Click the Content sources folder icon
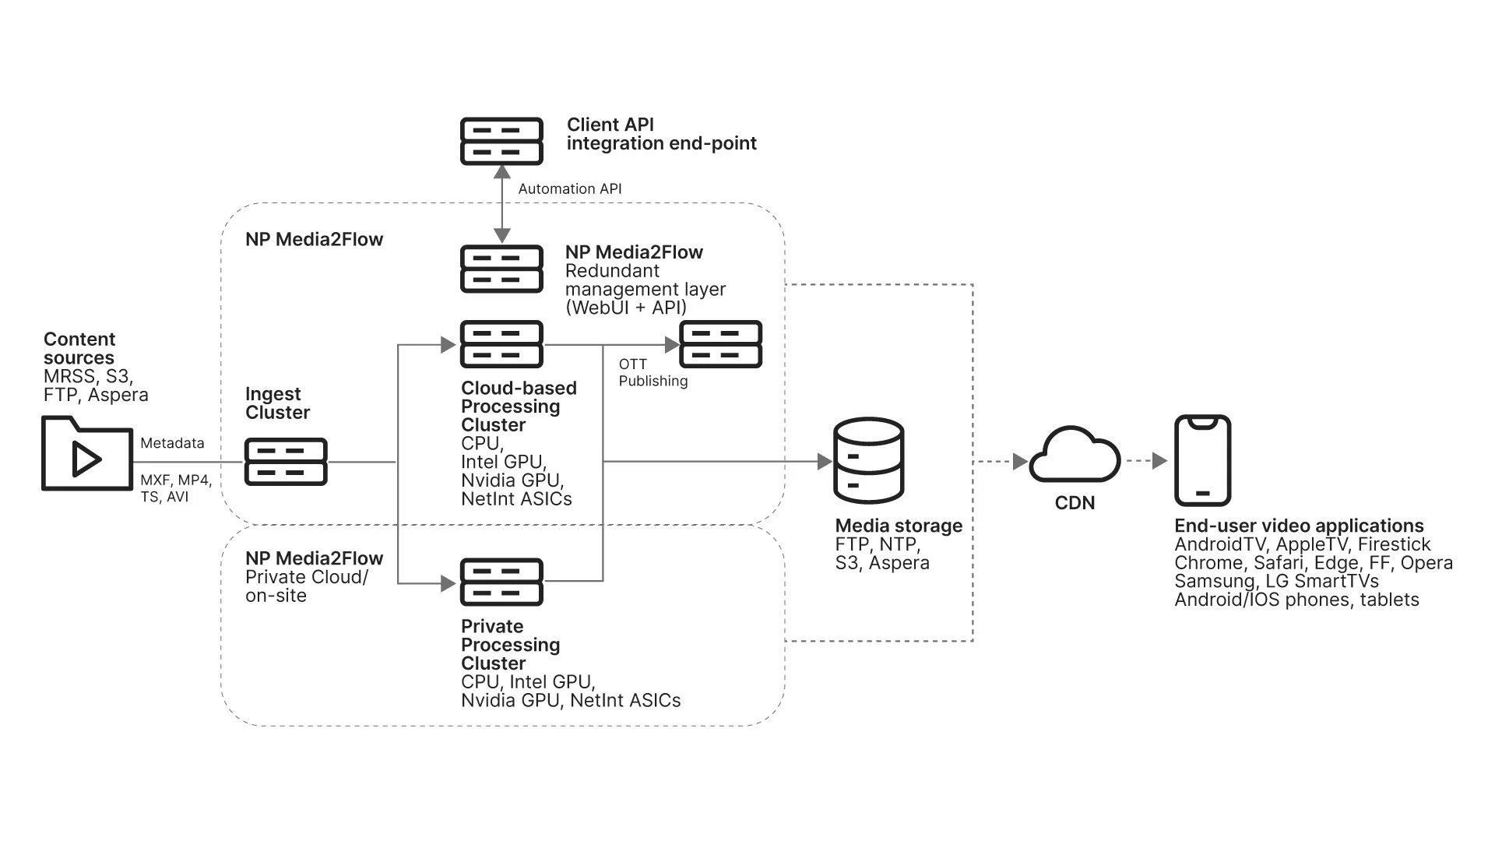click(86, 454)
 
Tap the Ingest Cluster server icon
click(286, 462)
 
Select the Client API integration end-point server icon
click(501, 141)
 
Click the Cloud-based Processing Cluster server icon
click(501, 344)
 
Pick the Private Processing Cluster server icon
click(501, 582)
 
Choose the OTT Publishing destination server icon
click(721, 344)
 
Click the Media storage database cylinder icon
click(868, 460)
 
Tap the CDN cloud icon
click(1075, 457)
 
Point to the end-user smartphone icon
click(1202, 460)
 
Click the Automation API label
click(570, 189)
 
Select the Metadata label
click(172, 443)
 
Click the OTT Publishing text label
click(653, 372)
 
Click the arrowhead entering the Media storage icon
click(825, 462)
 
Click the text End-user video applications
click(1299, 526)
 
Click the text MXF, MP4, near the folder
click(175, 480)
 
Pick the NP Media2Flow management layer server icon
click(501, 269)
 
